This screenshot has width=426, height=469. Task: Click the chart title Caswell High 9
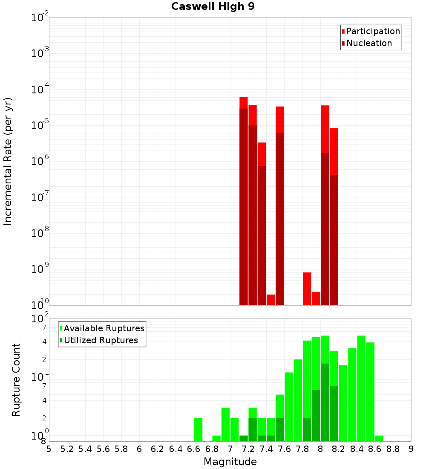pos(213,7)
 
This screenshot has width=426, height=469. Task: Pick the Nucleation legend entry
pos(369,43)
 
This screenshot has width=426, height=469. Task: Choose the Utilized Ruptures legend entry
pos(101,340)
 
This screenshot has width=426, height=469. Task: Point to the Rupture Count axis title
pos(16,379)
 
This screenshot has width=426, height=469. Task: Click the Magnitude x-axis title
pos(230,462)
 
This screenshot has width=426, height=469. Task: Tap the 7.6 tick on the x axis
pos(284,449)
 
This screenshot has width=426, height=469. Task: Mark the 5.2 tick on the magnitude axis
pos(67,449)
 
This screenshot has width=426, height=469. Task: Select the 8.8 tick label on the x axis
pos(393,449)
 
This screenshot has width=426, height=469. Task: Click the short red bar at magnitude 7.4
pos(271,300)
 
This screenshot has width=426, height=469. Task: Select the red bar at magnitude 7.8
pos(307,289)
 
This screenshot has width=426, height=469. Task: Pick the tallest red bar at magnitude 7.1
pos(243,200)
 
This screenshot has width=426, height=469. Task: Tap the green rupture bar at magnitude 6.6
pos(198,429)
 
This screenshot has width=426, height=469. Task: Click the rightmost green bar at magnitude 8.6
pos(379,438)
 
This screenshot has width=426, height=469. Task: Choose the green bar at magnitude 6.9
pos(216,438)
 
